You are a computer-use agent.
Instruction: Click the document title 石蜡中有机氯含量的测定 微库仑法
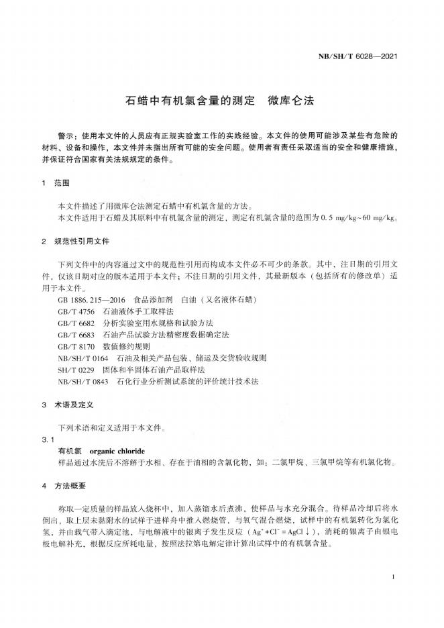[220, 102]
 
